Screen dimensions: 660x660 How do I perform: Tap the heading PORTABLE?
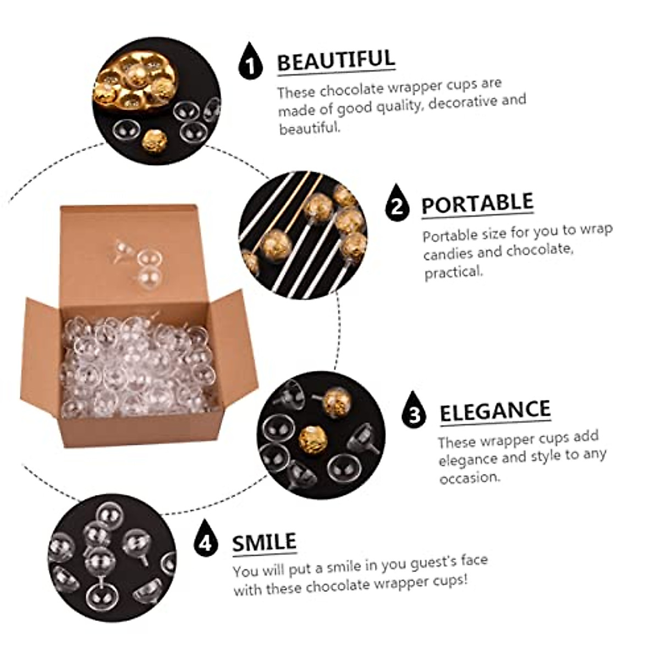pos(477,204)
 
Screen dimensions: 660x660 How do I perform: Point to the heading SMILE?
pos(264,543)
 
